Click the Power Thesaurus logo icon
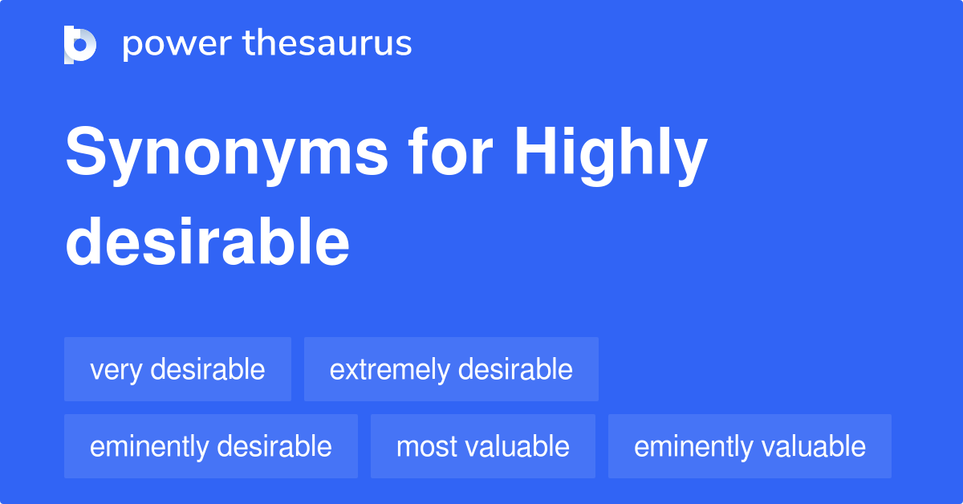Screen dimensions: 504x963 [80, 44]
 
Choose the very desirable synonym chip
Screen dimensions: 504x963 [177, 369]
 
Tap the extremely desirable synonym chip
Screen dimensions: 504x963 [451, 369]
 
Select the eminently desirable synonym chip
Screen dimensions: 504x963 [211, 446]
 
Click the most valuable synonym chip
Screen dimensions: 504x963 [483, 446]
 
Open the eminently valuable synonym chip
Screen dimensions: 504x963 [750, 446]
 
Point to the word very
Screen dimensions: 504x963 [116, 370]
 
